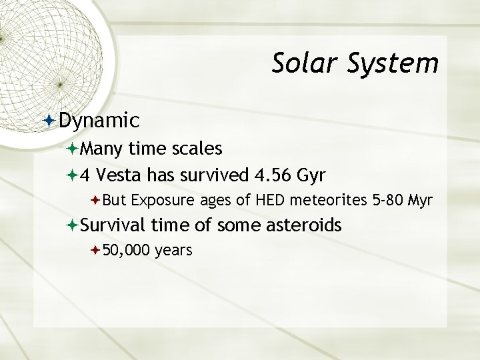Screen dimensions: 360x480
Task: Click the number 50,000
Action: pos(127,250)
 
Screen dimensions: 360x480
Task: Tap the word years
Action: pos(174,251)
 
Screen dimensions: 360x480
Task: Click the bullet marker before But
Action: pos(96,199)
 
